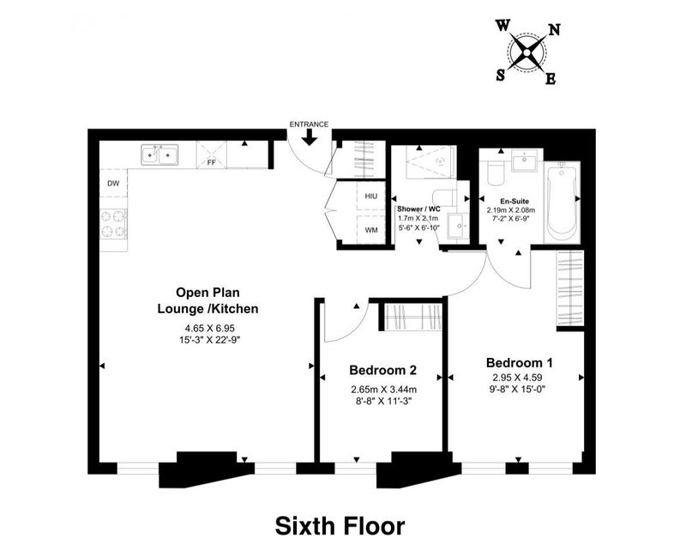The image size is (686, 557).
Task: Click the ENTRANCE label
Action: pyautogui.click(x=309, y=124)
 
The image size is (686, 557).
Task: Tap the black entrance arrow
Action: pyautogui.click(x=310, y=137)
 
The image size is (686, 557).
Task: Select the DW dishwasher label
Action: pyautogui.click(x=113, y=184)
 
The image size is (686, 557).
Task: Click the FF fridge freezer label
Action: pyautogui.click(x=211, y=162)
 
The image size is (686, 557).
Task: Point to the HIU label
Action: pyautogui.click(x=371, y=197)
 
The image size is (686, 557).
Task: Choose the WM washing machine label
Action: pyautogui.click(x=371, y=230)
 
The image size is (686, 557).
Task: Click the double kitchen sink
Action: pyautogui.click(x=159, y=155)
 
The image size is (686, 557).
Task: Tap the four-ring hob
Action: pyautogui.click(x=113, y=224)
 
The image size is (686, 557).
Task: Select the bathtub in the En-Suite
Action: pyautogui.click(x=563, y=202)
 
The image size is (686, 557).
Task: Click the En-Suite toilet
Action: pyautogui.click(x=496, y=174)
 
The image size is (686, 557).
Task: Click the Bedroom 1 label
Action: pyautogui.click(x=520, y=363)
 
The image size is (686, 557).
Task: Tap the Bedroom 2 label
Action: pyautogui.click(x=382, y=371)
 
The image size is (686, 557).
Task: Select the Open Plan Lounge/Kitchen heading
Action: pyautogui.click(x=208, y=300)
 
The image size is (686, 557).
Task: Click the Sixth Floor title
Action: pyautogui.click(x=340, y=526)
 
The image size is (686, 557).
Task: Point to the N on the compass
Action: pyautogui.click(x=554, y=30)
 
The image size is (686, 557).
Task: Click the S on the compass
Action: pyautogui.click(x=501, y=76)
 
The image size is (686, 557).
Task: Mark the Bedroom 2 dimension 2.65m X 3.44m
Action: pyautogui.click(x=383, y=390)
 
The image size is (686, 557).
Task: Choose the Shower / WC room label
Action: pyautogui.click(x=418, y=209)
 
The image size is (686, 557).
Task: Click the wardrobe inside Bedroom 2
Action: pyautogui.click(x=413, y=317)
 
